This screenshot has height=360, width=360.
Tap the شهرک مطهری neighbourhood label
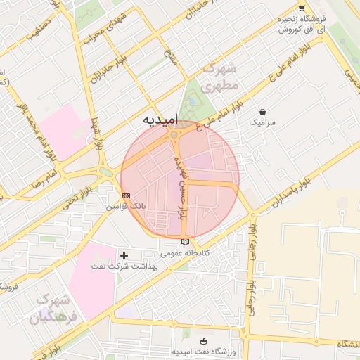[x=219, y=78]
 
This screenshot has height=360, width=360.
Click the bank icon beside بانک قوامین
[x=126, y=195]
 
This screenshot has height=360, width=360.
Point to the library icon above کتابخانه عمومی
[x=185, y=242]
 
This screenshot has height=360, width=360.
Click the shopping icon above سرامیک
[x=262, y=111]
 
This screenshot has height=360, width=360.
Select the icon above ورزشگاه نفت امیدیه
[x=204, y=340]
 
